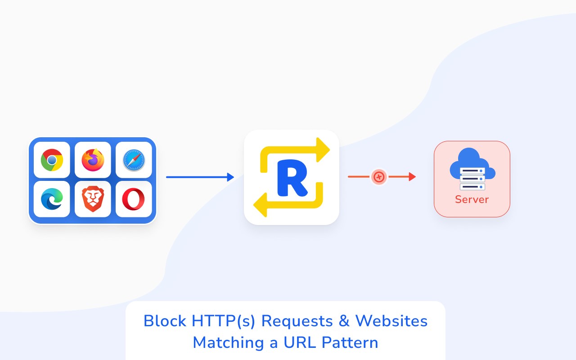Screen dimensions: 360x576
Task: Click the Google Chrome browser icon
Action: click(x=52, y=160)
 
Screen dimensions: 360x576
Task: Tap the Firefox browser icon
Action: click(x=93, y=160)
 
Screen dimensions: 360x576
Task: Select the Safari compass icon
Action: click(x=134, y=160)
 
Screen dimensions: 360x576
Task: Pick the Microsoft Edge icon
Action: click(x=52, y=199)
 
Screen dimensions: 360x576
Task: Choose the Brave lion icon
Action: click(x=93, y=199)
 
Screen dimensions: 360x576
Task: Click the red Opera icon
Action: click(x=134, y=199)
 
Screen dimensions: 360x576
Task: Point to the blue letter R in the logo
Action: click(x=292, y=178)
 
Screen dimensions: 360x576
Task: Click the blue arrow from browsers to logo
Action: click(x=200, y=177)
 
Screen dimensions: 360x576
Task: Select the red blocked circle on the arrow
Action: click(x=379, y=177)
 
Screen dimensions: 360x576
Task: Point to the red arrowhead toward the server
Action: click(x=412, y=177)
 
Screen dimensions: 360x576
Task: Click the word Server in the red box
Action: click(x=472, y=199)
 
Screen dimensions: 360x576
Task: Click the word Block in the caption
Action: click(x=165, y=321)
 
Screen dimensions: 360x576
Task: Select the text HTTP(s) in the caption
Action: click(x=224, y=321)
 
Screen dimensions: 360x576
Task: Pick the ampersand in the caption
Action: click(x=344, y=321)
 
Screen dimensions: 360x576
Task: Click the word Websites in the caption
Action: click(x=391, y=321)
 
